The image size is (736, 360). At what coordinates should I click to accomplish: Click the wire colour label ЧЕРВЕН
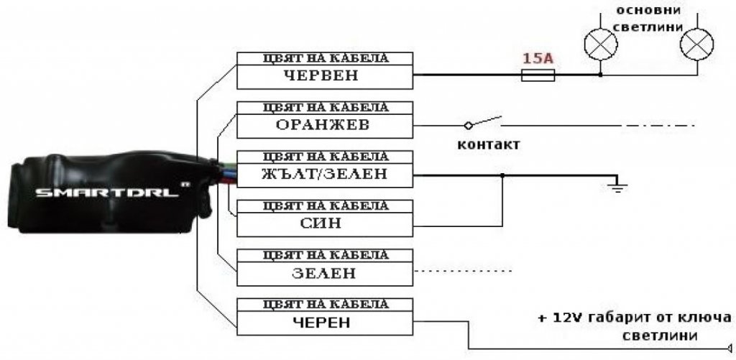(x=324, y=75)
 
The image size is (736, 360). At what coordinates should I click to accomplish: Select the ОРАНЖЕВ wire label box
(x=324, y=125)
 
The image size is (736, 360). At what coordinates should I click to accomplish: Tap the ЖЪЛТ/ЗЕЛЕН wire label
(x=324, y=174)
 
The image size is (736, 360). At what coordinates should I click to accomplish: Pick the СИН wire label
(x=324, y=223)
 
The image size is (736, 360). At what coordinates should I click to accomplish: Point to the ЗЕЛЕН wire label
(x=324, y=273)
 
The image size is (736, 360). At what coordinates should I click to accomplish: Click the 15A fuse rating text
(x=538, y=59)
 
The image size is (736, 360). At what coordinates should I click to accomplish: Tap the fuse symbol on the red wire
(x=538, y=75)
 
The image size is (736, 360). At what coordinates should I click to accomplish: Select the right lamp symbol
(x=697, y=45)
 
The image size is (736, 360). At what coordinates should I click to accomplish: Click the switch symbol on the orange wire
(x=484, y=123)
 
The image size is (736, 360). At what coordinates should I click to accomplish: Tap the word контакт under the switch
(x=489, y=144)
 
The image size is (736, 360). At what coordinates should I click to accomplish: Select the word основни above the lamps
(x=648, y=10)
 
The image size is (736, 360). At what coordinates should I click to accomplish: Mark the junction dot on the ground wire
(x=502, y=175)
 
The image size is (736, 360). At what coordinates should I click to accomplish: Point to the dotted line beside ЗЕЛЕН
(x=464, y=271)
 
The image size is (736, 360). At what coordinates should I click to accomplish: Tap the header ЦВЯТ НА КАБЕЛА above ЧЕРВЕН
(x=324, y=58)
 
